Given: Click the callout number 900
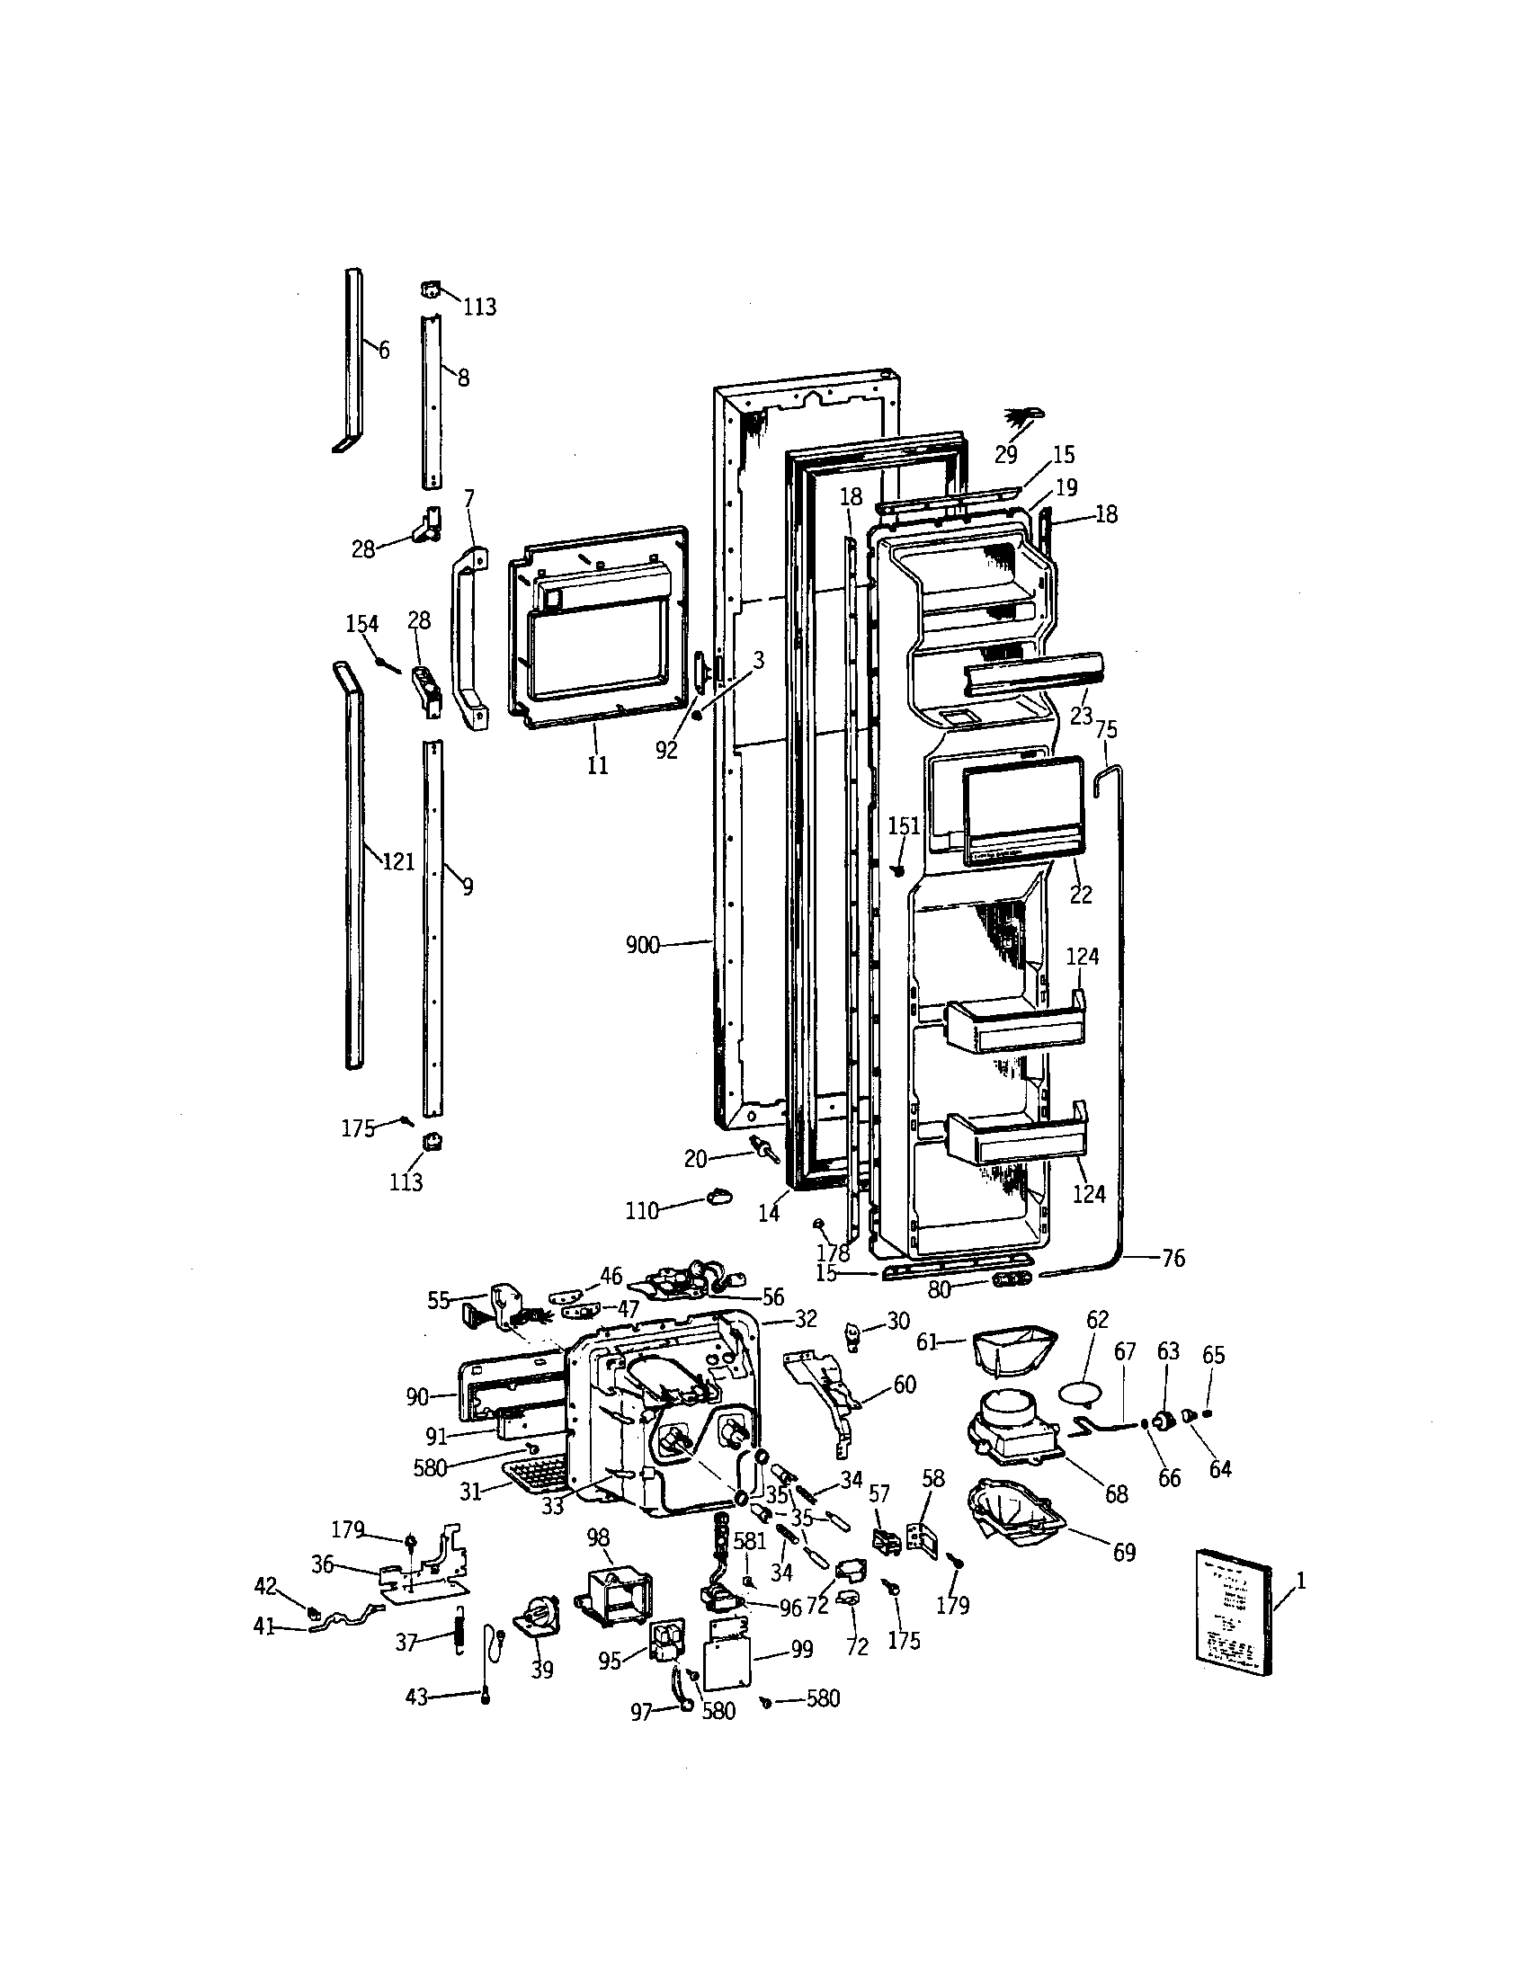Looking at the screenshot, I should click(x=642, y=947).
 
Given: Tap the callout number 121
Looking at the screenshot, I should click(x=398, y=860).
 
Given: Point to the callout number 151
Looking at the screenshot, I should click(x=903, y=825).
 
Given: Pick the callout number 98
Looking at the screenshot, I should click(x=598, y=1537).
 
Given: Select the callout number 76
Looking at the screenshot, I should click(x=1173, y=1258).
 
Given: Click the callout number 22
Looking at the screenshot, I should click(x=1081, y=894).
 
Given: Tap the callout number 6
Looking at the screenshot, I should click(x=384, y=350).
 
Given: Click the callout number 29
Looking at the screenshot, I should click(x=1006, y=455).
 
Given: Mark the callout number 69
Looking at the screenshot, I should click(x=1124, y=1553).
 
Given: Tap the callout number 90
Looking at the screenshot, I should click(x=417, y=1397).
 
